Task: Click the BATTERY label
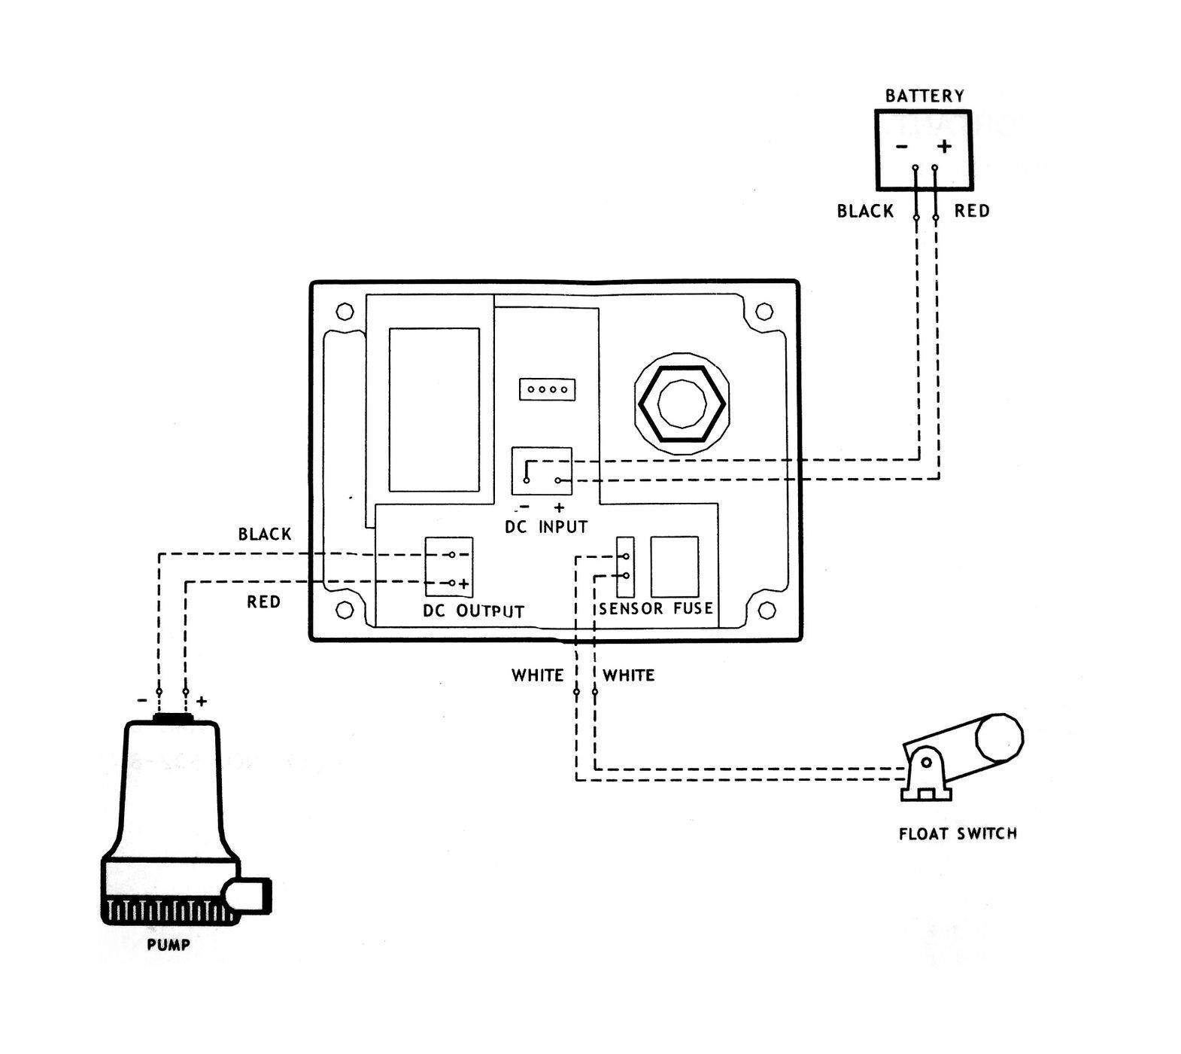coord(924,96)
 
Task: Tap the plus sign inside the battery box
coord(945,146)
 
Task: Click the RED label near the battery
coord(972,211)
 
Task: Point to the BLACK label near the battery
coord(866,211)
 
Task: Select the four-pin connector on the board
coord(547,389)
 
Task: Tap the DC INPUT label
coord(546,527)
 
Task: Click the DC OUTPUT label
coord(473,611)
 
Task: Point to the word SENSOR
coord(631,608)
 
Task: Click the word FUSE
coord(693,608)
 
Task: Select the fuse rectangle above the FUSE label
coord(675,567)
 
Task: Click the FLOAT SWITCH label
coord(958,833)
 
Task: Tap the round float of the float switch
coord(999,737)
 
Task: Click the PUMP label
coord(168,945)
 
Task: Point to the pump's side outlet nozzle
coord(248,895)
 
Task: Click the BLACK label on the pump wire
coord(265,535)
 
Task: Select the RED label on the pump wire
coord(264,602)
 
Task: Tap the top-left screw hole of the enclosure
coord(345,311)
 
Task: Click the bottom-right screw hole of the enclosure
coord(767,609)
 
